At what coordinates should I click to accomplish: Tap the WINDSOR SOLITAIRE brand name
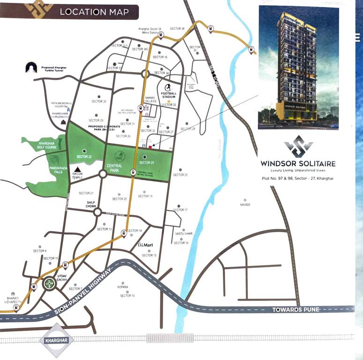(298, 164)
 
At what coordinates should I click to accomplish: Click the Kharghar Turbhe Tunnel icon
(31, 67)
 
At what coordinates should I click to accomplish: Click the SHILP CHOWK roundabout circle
(97, 212)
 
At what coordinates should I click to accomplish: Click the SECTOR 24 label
(146, 163)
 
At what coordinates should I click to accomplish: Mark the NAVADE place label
(245, 205)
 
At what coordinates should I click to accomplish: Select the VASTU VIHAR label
(184, 233)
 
